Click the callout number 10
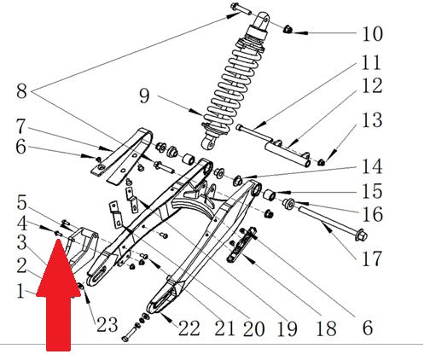click(x=372, y=34)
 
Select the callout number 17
click(x=372, y=258)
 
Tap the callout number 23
click(x=107, y=324)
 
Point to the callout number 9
click(x=144, y=96)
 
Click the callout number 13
click(x=372, y=120)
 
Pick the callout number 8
click(x=21, y=91)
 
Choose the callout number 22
click(x=189, y=328)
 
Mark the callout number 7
click(x=20, y=126)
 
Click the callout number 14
click(x=372, y=166)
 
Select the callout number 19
click(x=288, y=328)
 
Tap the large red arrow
click(x=59, y=295)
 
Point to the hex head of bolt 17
click(x=362, y=235)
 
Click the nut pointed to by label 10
click(x=288, y=29)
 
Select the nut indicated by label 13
click(x=322, y=162)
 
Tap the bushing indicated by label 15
click(x=269, y=195)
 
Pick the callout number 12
click(x=372, y=86)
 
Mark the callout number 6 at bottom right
click(x=368, y=328)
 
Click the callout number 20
click(x=254, y=328)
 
